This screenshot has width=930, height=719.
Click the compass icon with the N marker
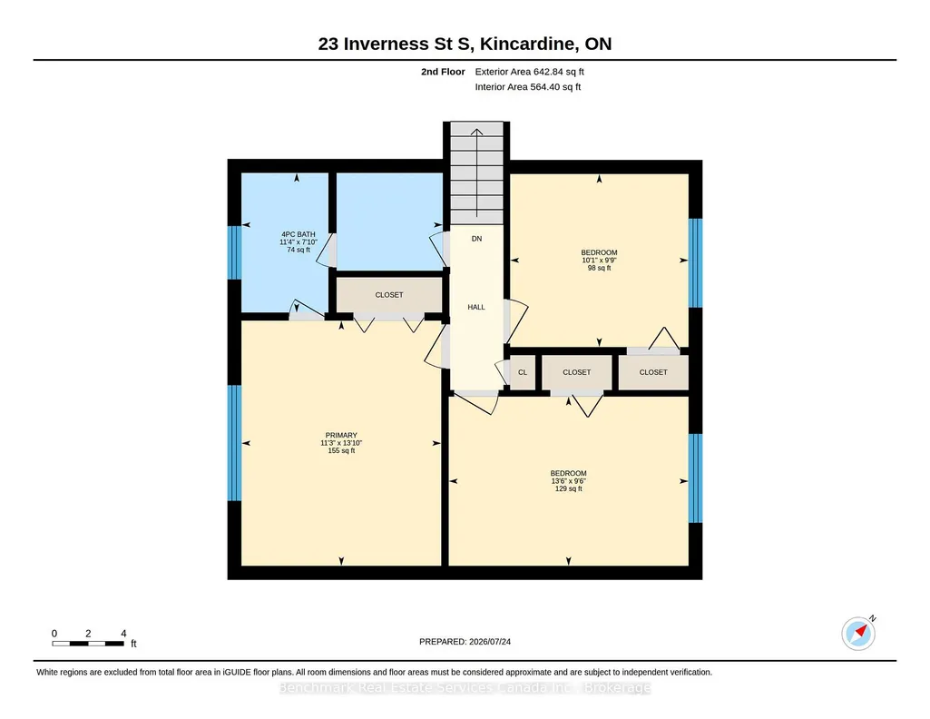[858, 634]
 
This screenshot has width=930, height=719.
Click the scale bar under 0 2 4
[88, 644]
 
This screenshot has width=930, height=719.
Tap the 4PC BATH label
[299, 234]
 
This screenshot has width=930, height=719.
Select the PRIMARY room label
[341, 435]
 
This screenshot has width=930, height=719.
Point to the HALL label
[476, 307]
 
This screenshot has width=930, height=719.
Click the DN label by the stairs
[477, 239]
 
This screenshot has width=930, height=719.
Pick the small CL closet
[523, 372]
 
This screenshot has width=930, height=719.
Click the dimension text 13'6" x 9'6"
[568, 481]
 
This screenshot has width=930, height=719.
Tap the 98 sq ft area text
[599, 268]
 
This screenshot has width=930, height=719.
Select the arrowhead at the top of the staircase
[477, 132]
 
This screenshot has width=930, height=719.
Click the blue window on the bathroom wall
[235, 252]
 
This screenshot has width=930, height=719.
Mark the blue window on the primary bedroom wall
[235, 443]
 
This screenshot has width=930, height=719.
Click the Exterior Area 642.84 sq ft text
[530, 72]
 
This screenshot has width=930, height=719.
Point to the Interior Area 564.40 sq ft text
[528, 86]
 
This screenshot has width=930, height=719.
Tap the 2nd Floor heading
[443, 72]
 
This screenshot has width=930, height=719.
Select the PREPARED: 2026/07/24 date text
[465, 641]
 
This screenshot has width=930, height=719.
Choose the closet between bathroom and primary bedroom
[389, 295]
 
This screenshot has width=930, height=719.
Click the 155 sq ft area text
[341, 451]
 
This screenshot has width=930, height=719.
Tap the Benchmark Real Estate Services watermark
[465, 687]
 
